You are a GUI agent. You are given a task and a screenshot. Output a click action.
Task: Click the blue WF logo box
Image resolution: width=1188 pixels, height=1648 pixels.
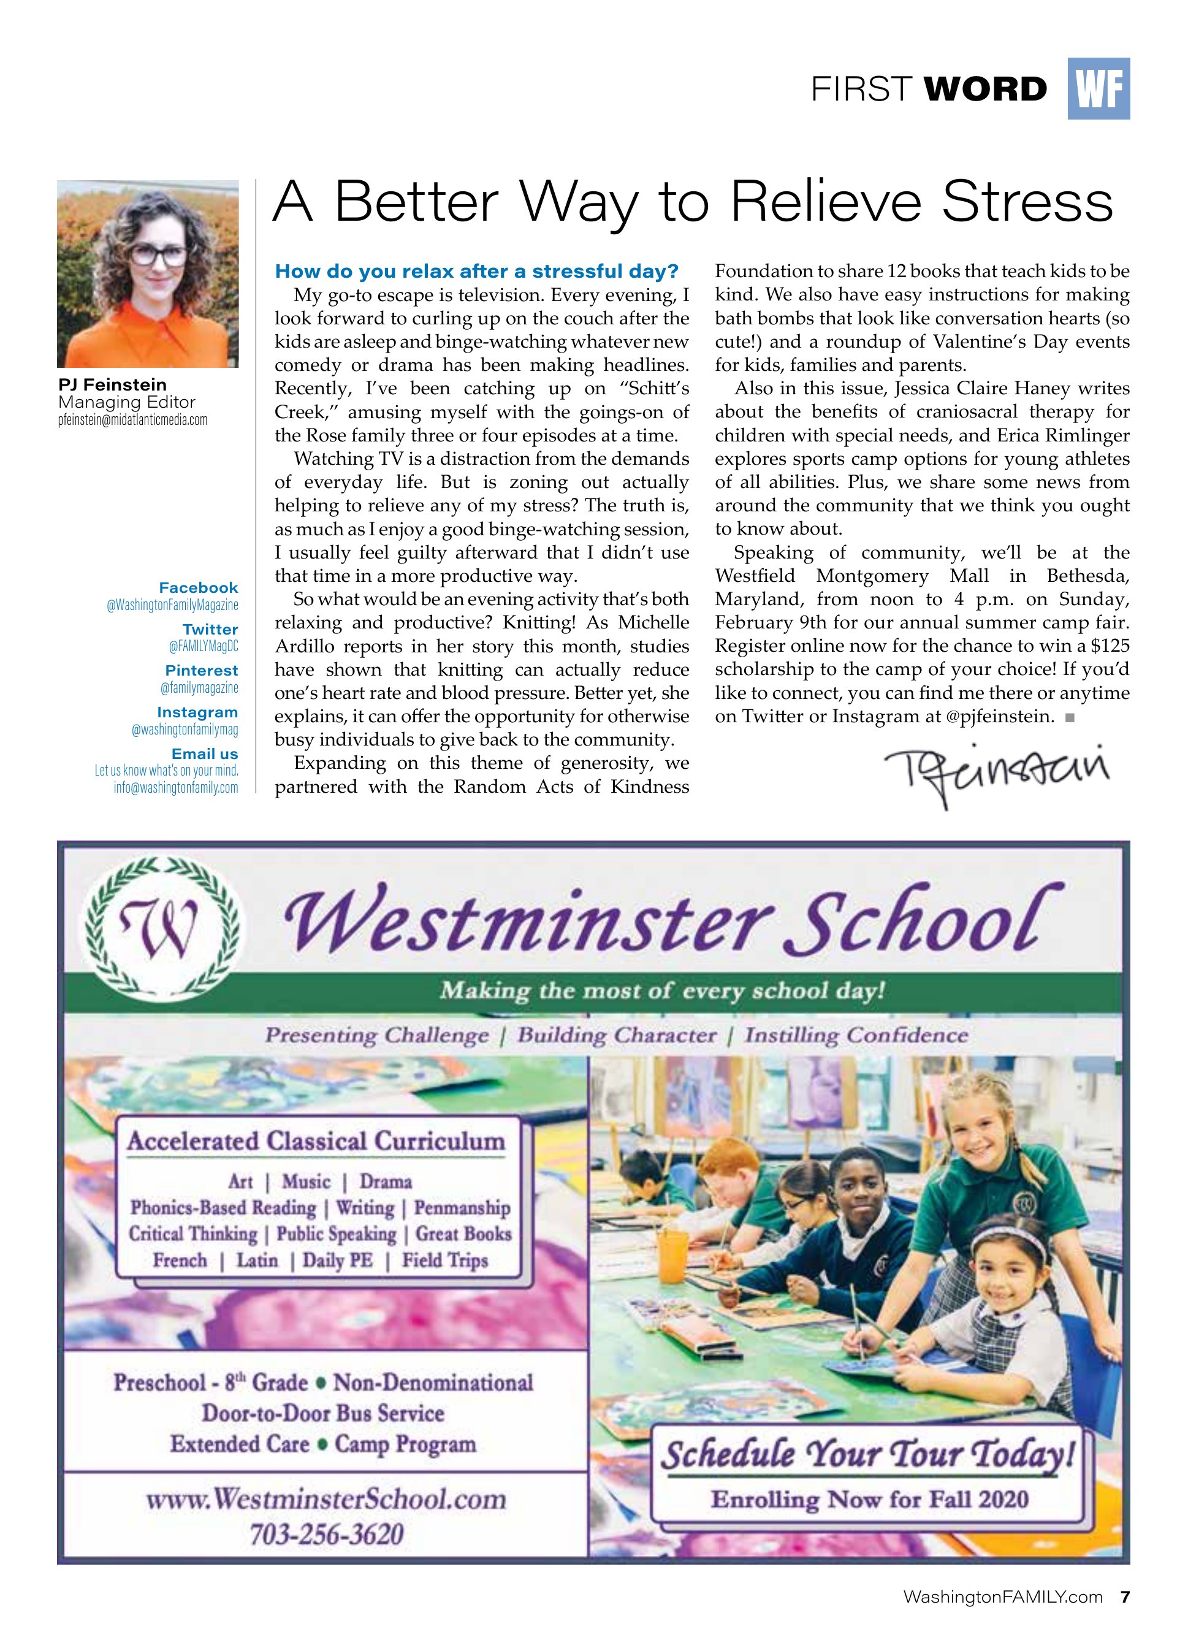tap(1098, 89)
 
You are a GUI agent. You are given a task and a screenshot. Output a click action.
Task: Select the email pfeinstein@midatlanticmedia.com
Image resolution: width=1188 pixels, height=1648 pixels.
tap(132, 420)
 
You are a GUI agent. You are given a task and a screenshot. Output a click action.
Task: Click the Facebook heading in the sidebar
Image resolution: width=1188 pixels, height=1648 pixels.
tap(199, 587)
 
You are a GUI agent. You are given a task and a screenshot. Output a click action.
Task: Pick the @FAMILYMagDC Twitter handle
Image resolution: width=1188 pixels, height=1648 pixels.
tap(203, 646)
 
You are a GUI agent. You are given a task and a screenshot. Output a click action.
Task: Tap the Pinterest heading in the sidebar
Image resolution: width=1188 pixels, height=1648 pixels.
tap(201, 670)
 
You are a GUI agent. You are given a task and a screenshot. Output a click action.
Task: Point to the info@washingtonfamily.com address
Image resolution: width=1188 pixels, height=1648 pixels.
tap(175, 787)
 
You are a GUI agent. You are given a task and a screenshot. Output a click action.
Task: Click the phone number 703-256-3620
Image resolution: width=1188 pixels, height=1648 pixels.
tap(326, 1534)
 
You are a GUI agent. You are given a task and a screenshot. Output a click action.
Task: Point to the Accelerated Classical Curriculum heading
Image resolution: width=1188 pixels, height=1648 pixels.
tap(316, 1141)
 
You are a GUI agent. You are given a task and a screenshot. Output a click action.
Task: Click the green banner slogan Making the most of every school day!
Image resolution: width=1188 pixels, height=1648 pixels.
tap(662, 990)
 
